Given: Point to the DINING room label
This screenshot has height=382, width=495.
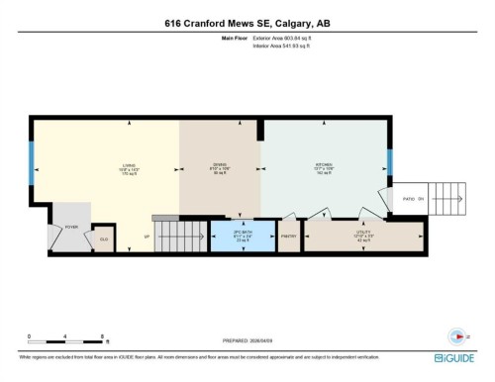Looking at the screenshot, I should click(220, 167).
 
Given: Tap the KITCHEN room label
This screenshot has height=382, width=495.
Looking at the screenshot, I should click(324, 167).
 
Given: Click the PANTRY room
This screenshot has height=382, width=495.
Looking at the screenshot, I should click(288, 237).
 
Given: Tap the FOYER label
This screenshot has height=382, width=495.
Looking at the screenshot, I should click(71, 227).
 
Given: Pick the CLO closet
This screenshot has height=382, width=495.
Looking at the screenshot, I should click(103, 239).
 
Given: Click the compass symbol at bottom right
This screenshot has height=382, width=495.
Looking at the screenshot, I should click(456, 334).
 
